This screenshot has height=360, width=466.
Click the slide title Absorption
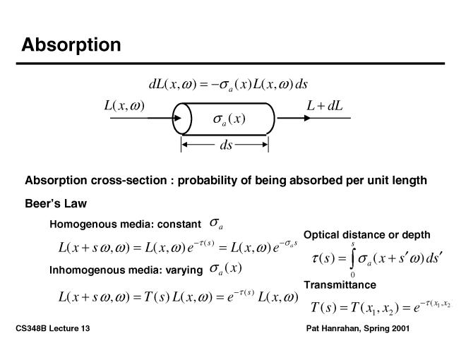coord(71,44)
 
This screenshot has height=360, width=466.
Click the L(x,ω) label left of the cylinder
coord(124,106)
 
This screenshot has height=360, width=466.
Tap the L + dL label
coord(324,106)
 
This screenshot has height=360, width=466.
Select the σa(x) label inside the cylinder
coord(229,119)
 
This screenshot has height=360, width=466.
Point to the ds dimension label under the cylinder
coord(226,145)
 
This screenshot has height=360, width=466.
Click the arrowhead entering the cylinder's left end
coord(186,118)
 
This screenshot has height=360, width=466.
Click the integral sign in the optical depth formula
coord(353,258)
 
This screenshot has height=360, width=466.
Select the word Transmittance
coord(340,284)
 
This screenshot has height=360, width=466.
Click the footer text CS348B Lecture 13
coord(51,330)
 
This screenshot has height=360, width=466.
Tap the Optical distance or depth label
coord(366,234)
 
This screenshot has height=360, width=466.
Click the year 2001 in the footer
coord(399,330)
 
